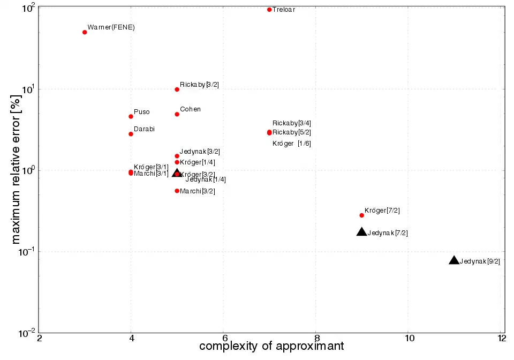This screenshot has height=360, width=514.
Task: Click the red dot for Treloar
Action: click(269, 10)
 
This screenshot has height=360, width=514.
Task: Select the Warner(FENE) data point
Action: click(85, 32)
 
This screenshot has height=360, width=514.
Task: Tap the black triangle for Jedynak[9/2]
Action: click(454, 260)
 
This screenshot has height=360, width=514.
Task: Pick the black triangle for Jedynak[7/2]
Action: click(362, 232)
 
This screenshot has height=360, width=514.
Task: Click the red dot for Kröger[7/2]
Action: click(362, 215)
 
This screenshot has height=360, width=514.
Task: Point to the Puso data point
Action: click(131, 116)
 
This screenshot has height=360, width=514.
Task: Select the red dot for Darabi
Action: click(131, 134)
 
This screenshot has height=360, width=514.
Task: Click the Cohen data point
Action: click(177, 114)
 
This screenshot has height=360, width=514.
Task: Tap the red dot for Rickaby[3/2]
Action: click(177, 89)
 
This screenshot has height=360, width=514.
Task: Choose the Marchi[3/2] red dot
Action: click(177, 191)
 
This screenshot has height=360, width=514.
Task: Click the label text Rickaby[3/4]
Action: click(292, 123)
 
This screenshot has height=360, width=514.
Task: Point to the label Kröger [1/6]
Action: click(292, 144)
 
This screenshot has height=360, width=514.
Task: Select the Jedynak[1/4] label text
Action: click(206, 179)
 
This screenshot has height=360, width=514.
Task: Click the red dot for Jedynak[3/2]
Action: click(177, 156)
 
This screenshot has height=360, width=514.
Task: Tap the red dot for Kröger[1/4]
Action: click(177, 162)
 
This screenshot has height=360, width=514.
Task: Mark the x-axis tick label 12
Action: click(501, 339)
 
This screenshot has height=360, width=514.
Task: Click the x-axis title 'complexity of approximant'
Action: click(271, 347)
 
